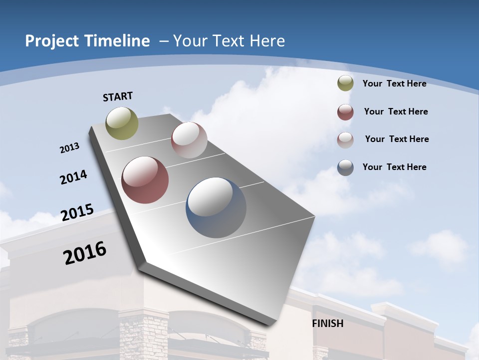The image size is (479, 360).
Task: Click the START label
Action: [x=118, y=96]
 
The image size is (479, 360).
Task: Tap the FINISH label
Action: [x=327, y=323]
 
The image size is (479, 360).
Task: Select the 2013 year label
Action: [x=69, y=148]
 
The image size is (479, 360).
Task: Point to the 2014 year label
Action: [x=73, y=177]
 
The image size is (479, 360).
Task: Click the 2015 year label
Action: [x=77, y=212]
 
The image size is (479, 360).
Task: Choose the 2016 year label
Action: [x=85, y=253]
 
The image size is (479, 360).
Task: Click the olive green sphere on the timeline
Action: [x=122, y=123]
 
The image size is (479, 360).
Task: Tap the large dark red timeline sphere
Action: [x=145, y=180]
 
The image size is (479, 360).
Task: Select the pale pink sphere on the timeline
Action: [x=189, y=140]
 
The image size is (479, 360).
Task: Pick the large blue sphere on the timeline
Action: [x=216, y=207]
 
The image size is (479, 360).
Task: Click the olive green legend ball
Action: [x=345, y=83]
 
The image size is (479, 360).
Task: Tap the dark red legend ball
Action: [x=345, y=112]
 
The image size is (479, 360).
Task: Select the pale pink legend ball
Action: [x=345, y=140]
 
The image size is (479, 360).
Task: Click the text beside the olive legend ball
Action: [x=394, y=83]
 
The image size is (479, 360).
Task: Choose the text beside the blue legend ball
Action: [x=394, y=167]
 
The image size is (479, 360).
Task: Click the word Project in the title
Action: [x=52, y=41]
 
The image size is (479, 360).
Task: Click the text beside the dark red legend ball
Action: [x=396, y=111]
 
